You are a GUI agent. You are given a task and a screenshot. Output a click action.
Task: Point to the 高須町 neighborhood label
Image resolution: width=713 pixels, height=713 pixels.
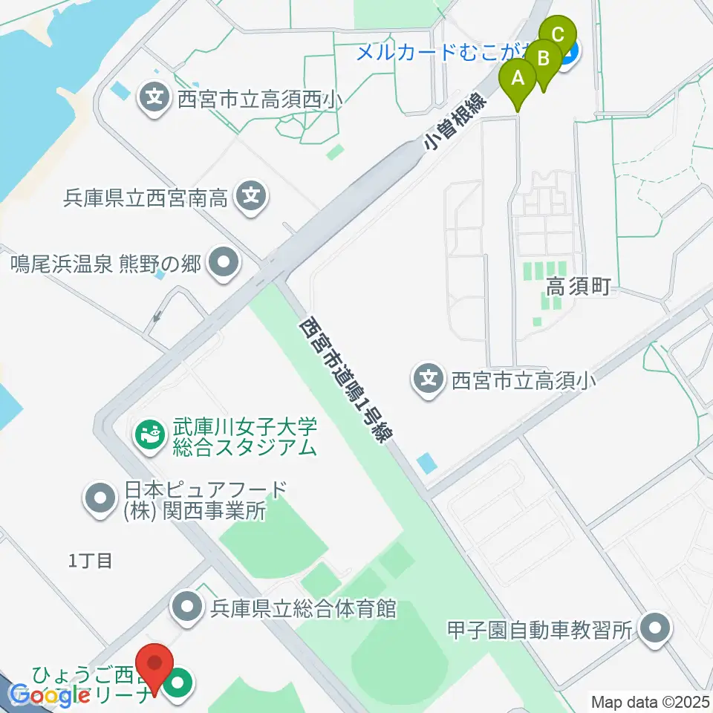(x=579, y=287)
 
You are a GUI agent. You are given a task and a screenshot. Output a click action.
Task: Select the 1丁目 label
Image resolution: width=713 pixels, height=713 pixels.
(x=90, y=561)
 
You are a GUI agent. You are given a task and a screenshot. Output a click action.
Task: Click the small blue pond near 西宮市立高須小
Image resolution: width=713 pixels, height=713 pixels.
(x=427, y=465)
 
